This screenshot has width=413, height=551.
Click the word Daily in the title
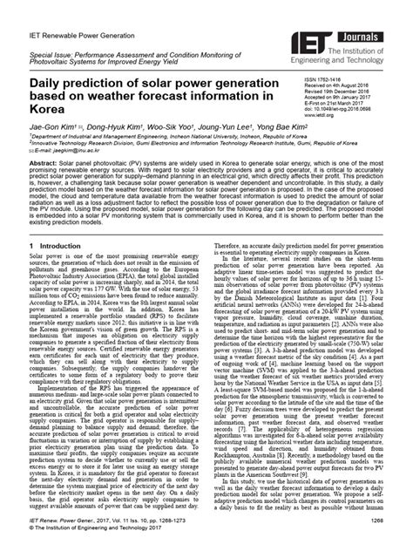point(49,84)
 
